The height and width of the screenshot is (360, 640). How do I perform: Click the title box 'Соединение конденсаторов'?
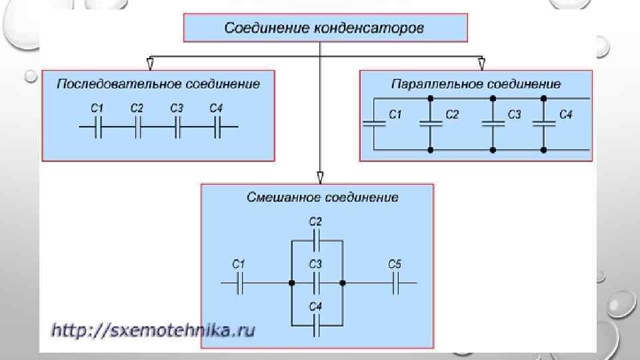tap(325, 29)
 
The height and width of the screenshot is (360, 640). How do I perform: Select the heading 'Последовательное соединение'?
tap(158, 84)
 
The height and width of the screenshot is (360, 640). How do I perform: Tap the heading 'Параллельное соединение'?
tap(475, 84)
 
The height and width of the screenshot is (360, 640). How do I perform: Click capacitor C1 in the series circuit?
tap(98, 127)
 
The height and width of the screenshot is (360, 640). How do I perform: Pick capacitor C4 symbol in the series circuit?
tap(217, 127)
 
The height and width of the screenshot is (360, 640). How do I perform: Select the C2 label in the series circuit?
tap(137, 108)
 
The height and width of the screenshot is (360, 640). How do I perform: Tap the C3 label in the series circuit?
tap(177, 108)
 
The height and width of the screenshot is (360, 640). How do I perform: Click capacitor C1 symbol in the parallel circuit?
tap(375, 123)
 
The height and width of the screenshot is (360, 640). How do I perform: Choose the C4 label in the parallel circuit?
tap(565, 115)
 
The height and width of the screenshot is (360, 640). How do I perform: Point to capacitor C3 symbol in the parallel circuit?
tap(493, 123)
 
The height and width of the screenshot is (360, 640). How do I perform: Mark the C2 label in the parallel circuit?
tap(452, 115)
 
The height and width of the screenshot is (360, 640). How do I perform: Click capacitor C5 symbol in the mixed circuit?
tap(395, 283)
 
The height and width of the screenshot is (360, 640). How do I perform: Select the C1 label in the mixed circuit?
tap(239, 265)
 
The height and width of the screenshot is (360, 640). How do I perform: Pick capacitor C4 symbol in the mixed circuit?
tap(317, 326)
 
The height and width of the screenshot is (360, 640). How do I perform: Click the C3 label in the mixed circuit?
tap(315, 265)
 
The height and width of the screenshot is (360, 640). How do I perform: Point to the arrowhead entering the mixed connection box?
tap(321, 177)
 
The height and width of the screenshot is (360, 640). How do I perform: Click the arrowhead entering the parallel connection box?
tap(481, 64)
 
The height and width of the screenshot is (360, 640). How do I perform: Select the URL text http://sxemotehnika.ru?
tap(153, 330)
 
